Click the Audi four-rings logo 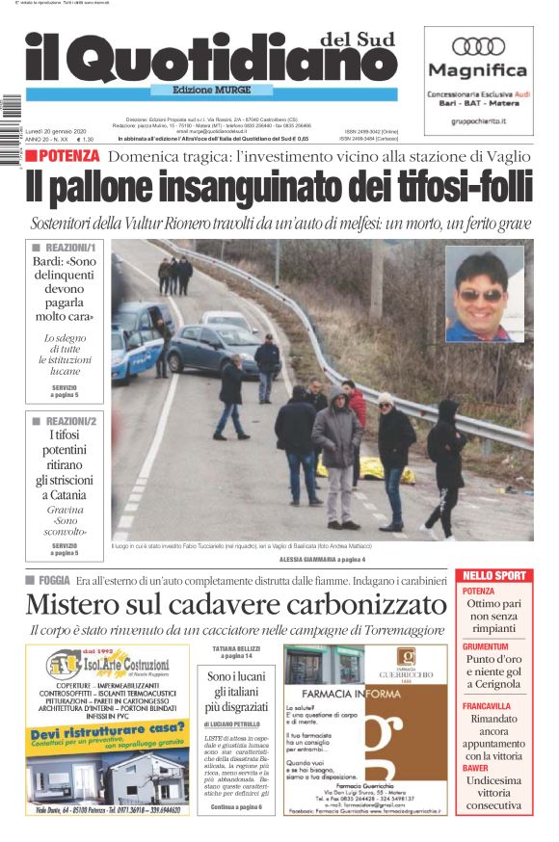[x=478, y=45]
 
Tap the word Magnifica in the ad [x=478, y=70]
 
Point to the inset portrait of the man [x=484, y=293]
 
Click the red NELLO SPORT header [x=494, y=576]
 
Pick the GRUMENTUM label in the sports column [x=486, y=646]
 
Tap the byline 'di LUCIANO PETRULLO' [x=234, y=723]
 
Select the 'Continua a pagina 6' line [x=235, y=806]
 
